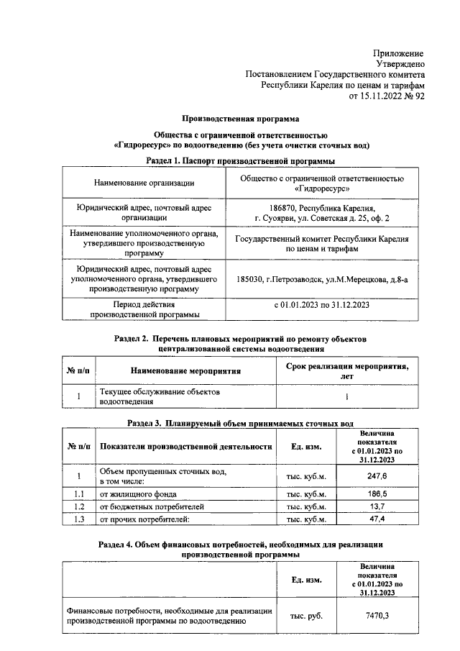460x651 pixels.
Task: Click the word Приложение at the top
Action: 397,54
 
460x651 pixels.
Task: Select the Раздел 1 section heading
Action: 240,161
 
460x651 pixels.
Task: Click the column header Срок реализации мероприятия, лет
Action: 342,370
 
